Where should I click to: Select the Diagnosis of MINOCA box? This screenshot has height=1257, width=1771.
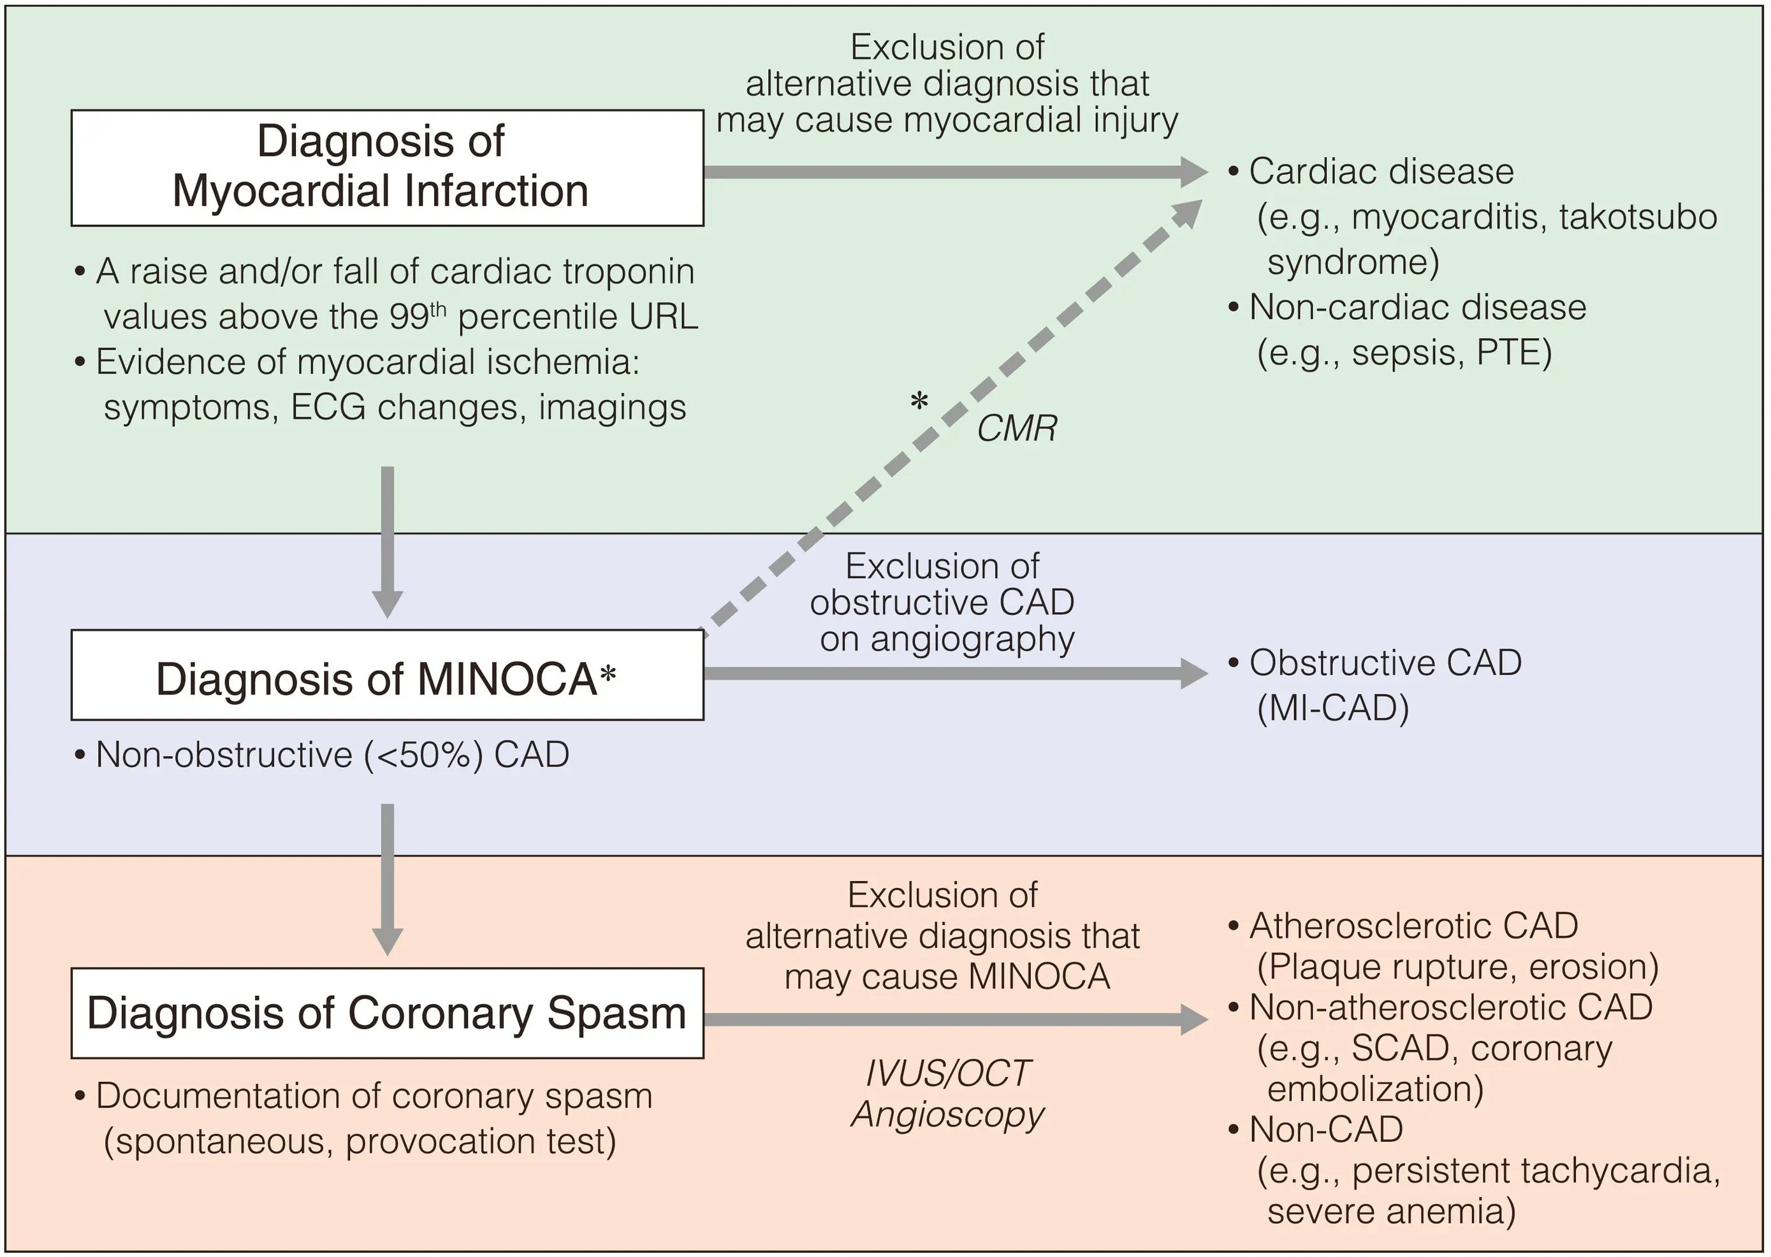click(386, 674)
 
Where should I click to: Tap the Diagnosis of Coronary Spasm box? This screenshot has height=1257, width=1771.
click(386, 1012)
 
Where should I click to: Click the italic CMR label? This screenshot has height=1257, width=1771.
click(1016, 429)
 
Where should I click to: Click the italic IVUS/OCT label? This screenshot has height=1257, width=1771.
click(947, 1073)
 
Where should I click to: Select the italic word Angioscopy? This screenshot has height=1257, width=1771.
click(947, 1114)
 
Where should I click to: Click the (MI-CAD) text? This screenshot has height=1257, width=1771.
click(1332, 707)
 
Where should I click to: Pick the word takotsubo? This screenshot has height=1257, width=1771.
click(1638, 217)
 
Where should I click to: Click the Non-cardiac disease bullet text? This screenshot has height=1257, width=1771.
click(1417, 307)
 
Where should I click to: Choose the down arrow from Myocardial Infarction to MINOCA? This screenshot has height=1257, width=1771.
click(387, 542)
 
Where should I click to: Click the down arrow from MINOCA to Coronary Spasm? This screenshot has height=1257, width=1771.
click(387, 879)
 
